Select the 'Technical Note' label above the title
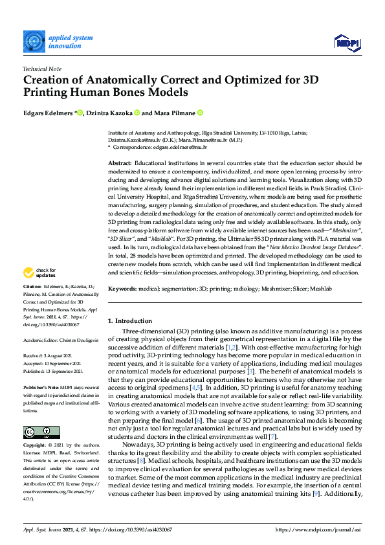coord(42,68)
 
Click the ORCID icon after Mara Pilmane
coord(201,113)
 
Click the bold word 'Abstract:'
coord(120,164)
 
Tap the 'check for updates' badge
coord(41,290)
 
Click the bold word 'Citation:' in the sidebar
coord(32,304)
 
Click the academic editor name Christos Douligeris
coord(77,340)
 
